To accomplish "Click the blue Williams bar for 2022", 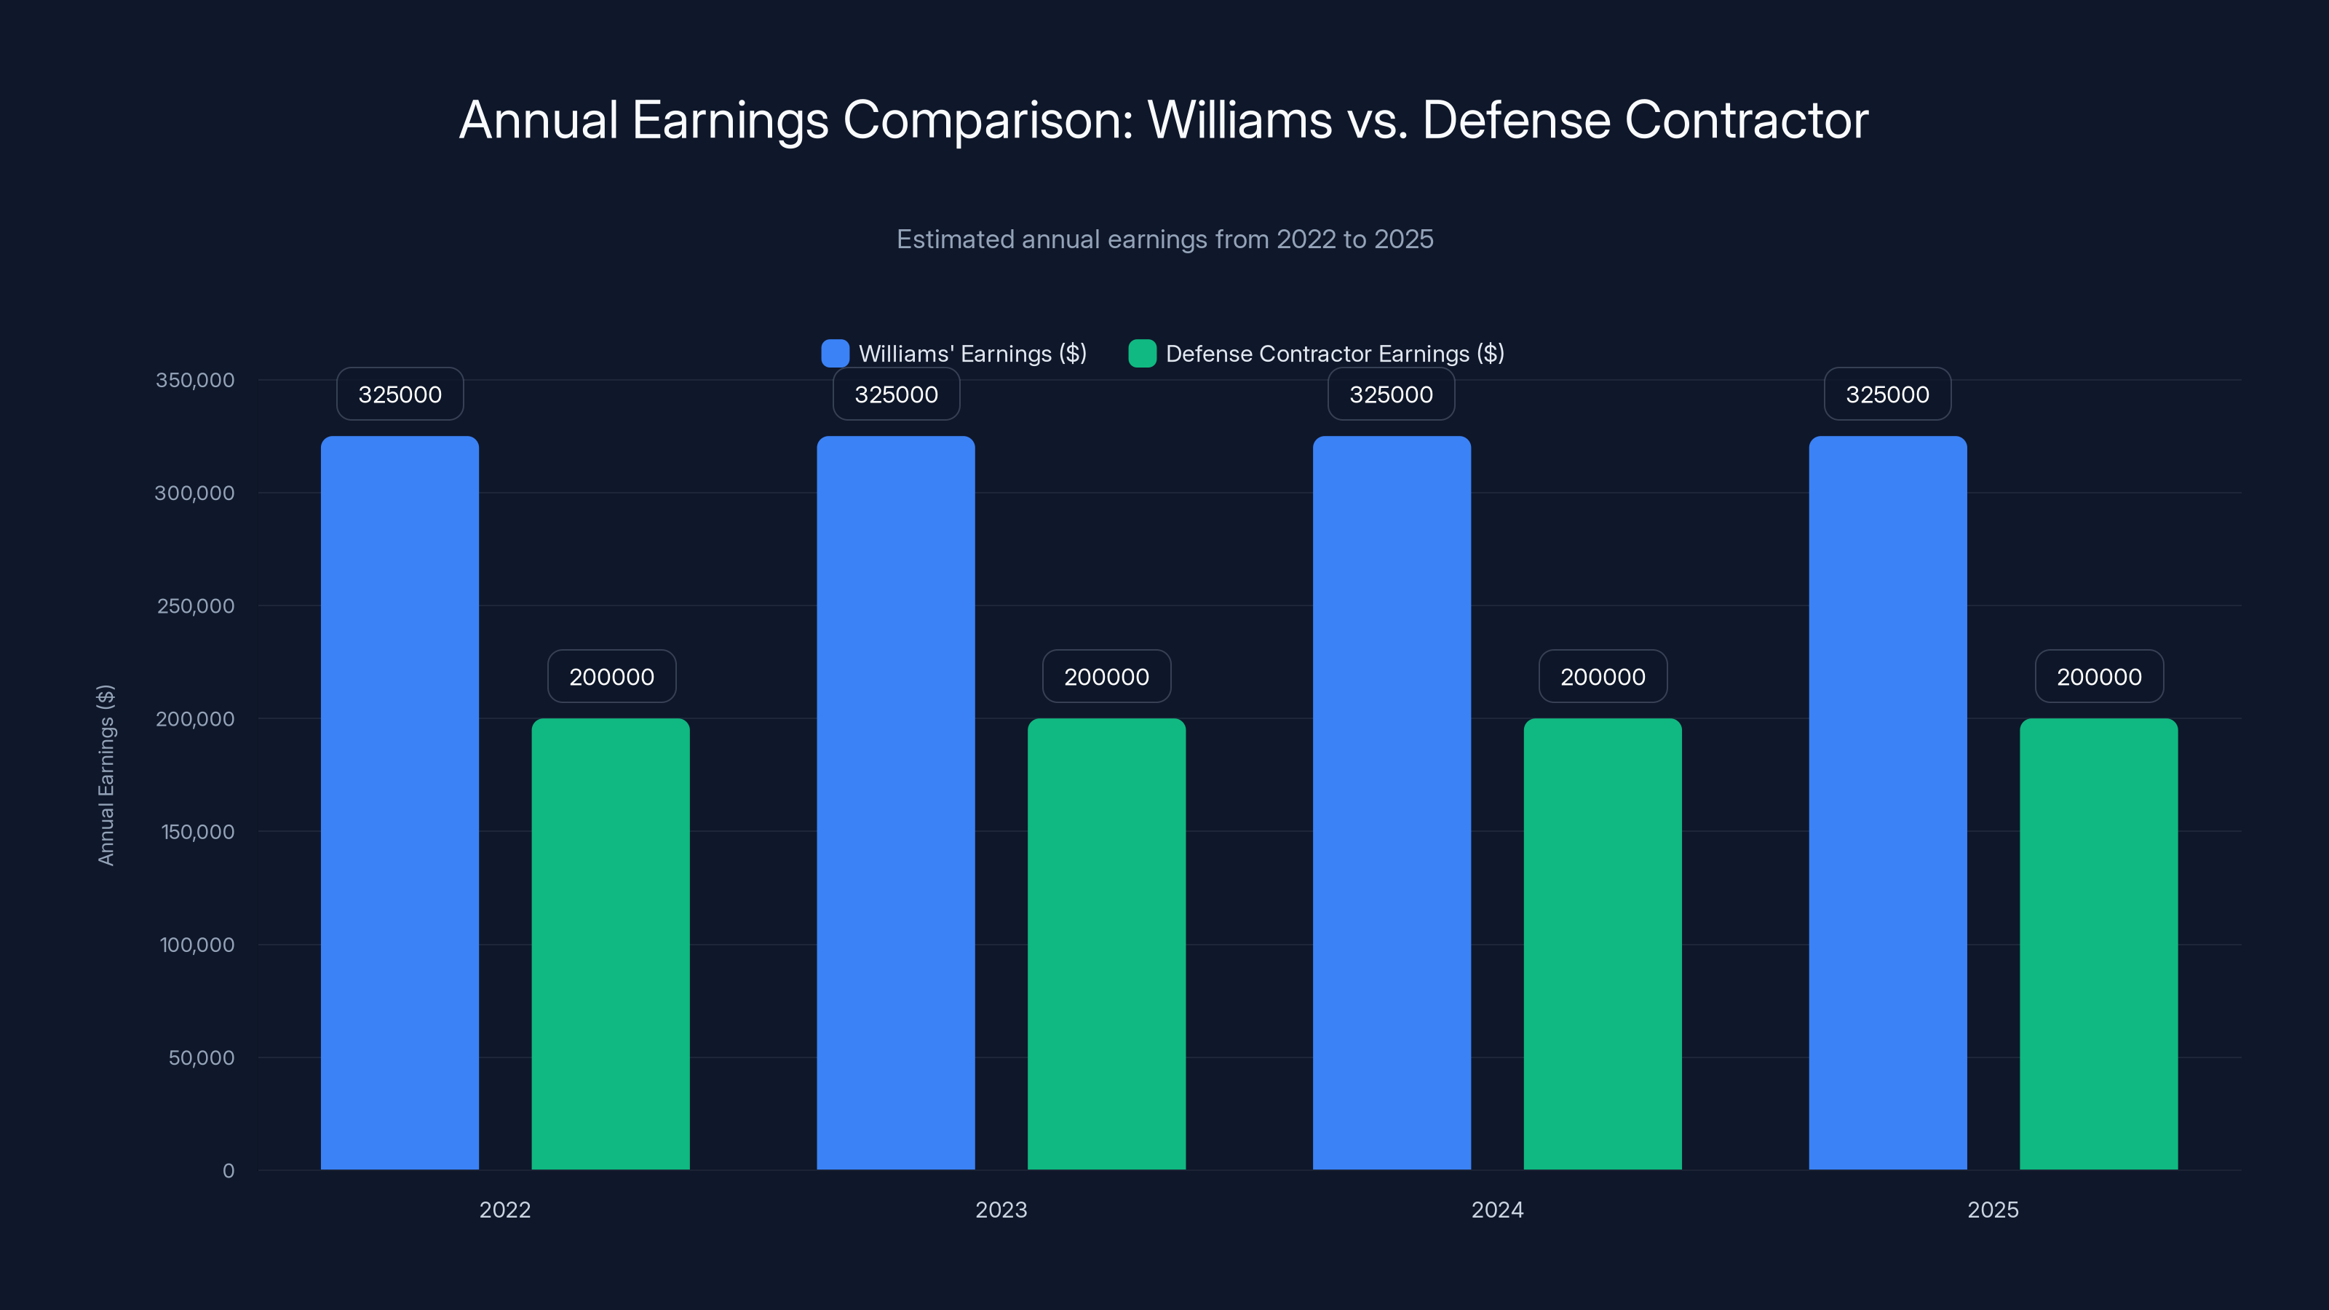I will click(400, 803).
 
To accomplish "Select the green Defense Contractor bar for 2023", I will click(1106, 944).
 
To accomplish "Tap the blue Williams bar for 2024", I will click(1392, 803).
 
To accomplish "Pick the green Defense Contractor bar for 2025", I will click(2098, 944).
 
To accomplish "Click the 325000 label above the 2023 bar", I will click(896, 394).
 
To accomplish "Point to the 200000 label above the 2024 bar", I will click(1602, 676).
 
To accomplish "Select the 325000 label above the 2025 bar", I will click(1887, 394).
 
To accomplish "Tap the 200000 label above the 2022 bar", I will click(611, 676).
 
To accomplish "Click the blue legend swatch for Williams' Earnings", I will click(835, 354).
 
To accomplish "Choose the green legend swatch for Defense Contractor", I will click(1142, 354).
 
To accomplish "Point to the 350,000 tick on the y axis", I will click(194, 380).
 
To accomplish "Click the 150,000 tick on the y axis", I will click(197, 832).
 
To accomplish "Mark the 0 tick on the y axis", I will click(228, 1171).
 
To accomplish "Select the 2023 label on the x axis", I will click(1001, 1210).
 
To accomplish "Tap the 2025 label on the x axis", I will click(1993, 1210).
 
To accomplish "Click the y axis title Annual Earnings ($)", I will click(106, 775).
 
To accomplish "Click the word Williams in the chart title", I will click(1239, 120).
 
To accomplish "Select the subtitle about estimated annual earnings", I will click(1164, 239).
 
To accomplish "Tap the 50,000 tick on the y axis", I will click(201, 1057).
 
